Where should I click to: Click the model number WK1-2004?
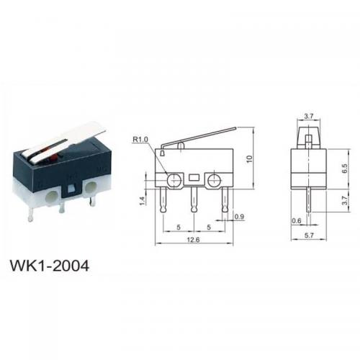[50, 266]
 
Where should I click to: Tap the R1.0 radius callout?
[140, 139]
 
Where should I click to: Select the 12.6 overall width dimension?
[194, 240]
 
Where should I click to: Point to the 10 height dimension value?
[250, 159]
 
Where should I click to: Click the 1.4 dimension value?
[142, 201]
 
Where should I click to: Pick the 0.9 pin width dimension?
[239, 217]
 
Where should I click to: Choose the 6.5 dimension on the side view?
[345, 168]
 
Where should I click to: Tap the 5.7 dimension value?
[309, 235]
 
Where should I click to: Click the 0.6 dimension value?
[297, 220]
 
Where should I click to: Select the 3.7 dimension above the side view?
[309, 117]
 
